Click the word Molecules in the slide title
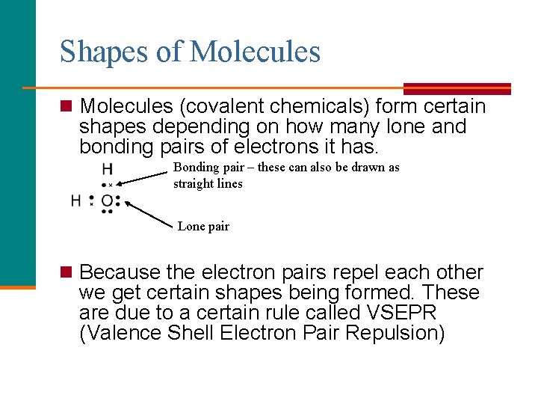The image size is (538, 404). tap(255, 52)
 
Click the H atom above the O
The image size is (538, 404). tap(108, 169)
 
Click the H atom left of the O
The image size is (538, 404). tap(75, 201)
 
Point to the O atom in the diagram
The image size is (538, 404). tap(107, 201)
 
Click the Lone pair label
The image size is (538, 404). tap(203, 226)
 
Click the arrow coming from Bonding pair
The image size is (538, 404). tap(142, 177)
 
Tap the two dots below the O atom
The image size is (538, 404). tap(108, 212)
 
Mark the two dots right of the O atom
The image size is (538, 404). tap(118, 201)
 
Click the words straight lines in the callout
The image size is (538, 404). tap(208, 183)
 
